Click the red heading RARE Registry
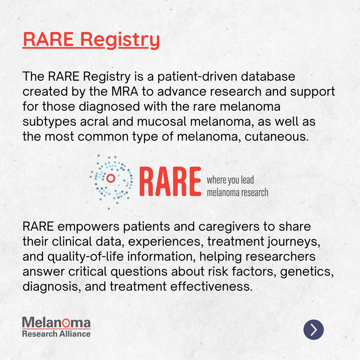pyautogui.click(x=91, y=40)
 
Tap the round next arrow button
pyautogui.click(x=313, y=329)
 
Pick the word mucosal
pyautogui.click(x=161, y=122)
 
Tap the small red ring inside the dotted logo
pyautogui.click(x=111, y=179)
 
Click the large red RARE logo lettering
pyautogui.click(x=170, y=182)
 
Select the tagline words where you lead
pyautogui.click(x=230, y=180)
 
